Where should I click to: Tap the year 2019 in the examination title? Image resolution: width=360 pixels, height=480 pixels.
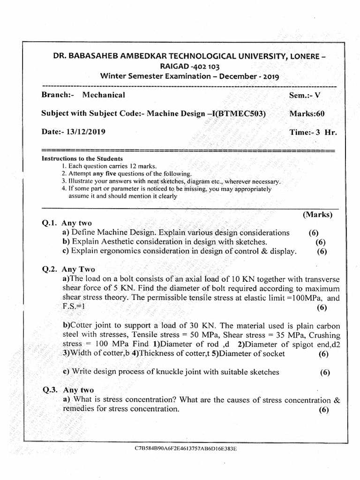click(x=271, y=76)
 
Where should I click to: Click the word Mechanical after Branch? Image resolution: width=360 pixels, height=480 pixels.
click(x=104, y=95)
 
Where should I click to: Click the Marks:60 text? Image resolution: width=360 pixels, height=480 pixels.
click(x=307, y=114)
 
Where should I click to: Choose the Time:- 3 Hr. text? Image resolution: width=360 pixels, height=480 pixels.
click(x=313, y=132)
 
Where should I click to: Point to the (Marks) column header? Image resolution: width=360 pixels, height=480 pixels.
click(x=317, y=215)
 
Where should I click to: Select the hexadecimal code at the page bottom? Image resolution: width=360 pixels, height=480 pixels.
click(x=186, y=449)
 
